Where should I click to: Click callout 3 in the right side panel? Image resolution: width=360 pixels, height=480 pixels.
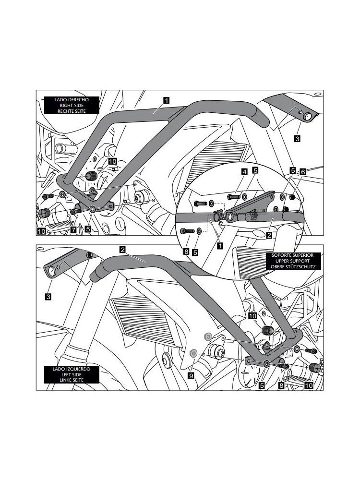pos(298,138)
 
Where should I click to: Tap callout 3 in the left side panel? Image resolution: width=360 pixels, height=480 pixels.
pos(48,297)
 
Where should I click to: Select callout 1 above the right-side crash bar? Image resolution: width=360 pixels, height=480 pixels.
pos(166,100)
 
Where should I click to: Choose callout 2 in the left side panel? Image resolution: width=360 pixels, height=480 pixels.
pos(123,250)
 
